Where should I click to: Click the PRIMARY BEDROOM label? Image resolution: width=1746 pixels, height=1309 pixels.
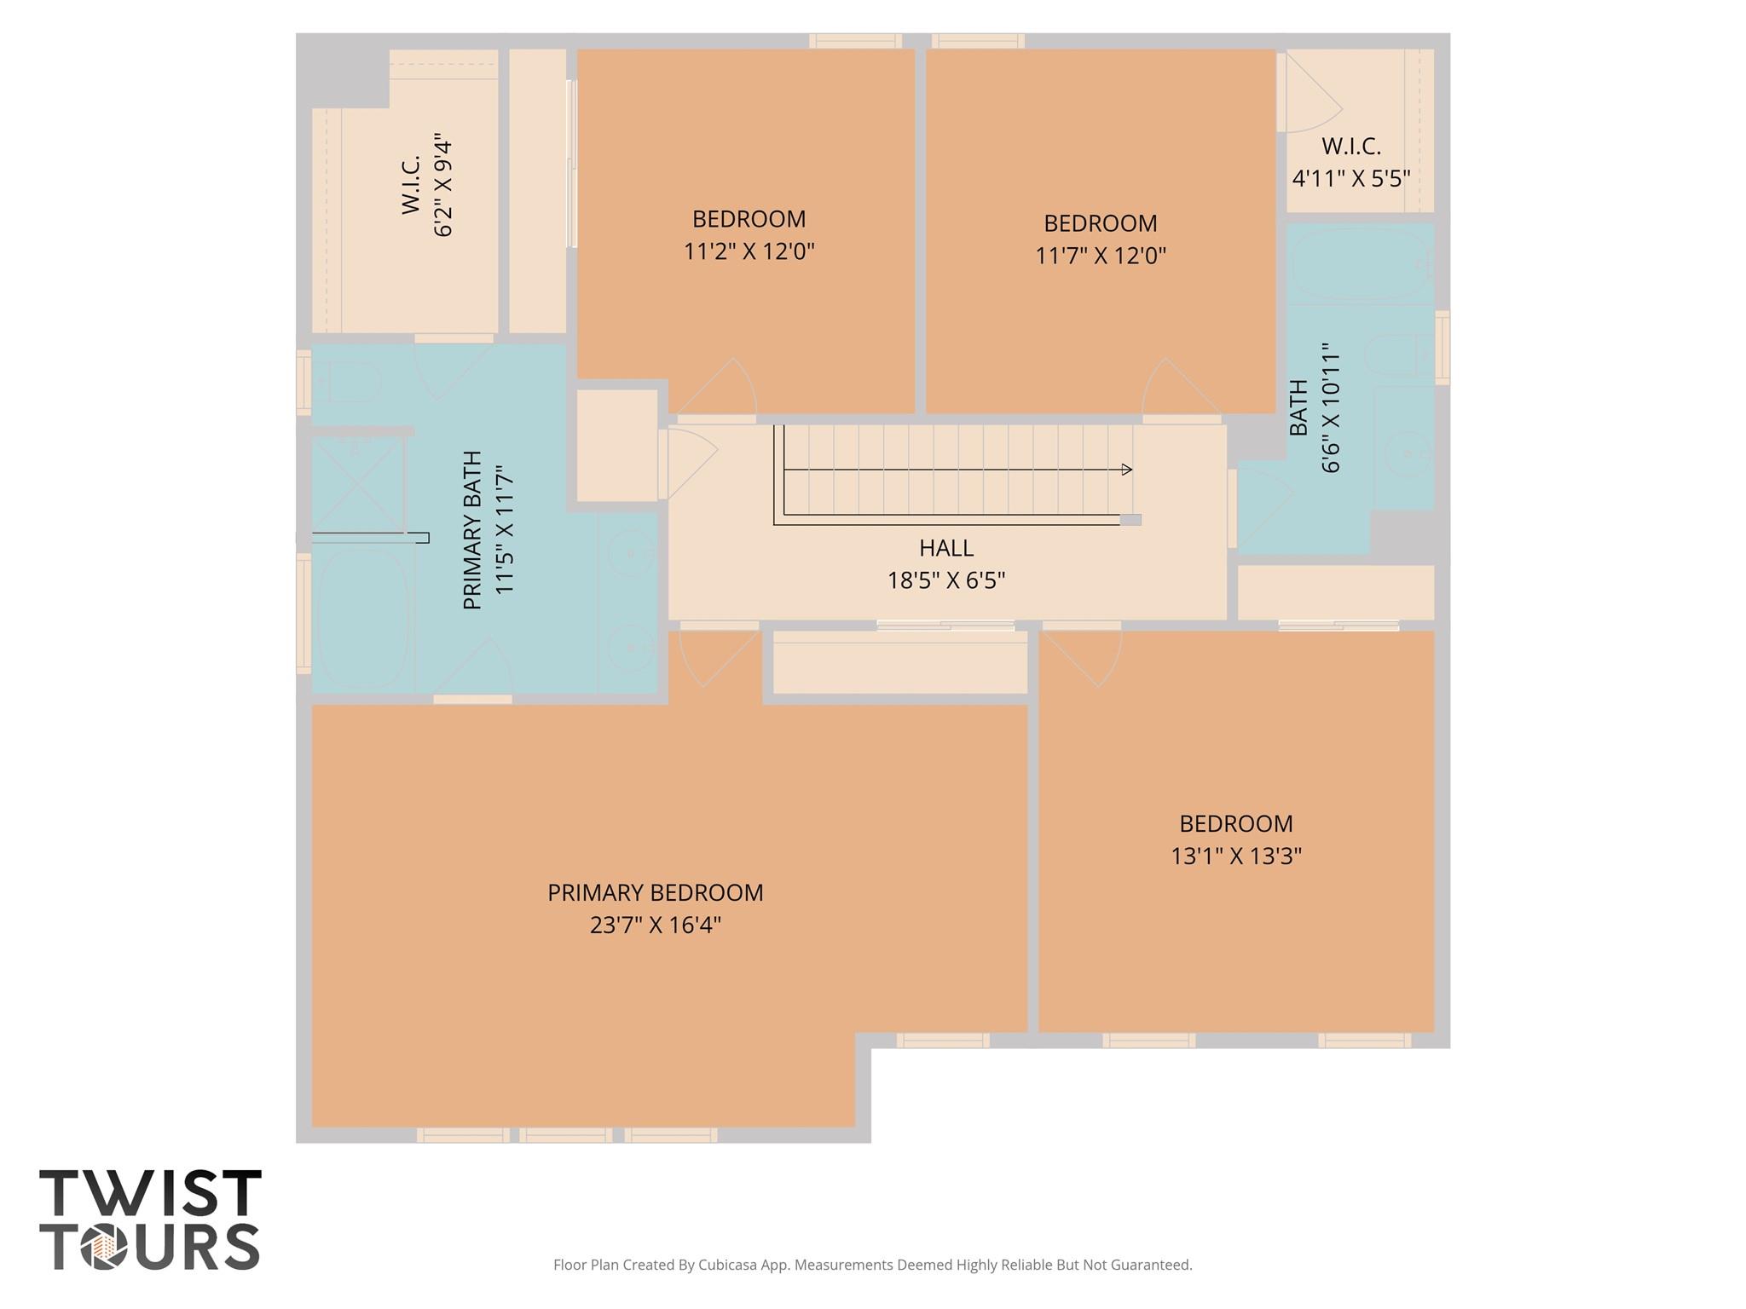(655, 892)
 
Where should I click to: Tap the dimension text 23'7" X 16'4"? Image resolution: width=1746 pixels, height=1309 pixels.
(655, 926)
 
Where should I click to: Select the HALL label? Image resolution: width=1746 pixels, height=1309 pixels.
(946, 548)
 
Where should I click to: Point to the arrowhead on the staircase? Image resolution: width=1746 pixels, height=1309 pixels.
(1127, 470)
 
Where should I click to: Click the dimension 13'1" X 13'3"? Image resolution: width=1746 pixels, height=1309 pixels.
(1235, 856)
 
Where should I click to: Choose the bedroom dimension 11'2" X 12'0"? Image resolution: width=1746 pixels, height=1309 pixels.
(749, 252)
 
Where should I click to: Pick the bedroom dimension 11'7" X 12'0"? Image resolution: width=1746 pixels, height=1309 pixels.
(1100, 256)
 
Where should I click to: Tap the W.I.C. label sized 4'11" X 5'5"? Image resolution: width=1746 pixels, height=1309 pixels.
(1351, 147)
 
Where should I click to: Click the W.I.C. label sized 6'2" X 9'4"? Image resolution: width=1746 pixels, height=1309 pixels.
(411, 184)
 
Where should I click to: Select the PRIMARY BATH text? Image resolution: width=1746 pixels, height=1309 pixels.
(472, 530)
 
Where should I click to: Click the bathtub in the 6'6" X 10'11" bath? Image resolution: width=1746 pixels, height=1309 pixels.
(1359, 262)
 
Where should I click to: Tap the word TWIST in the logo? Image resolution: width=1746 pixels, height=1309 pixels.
(150, 1194)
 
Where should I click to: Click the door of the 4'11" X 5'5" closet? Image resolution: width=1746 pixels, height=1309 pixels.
(1313, 98)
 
